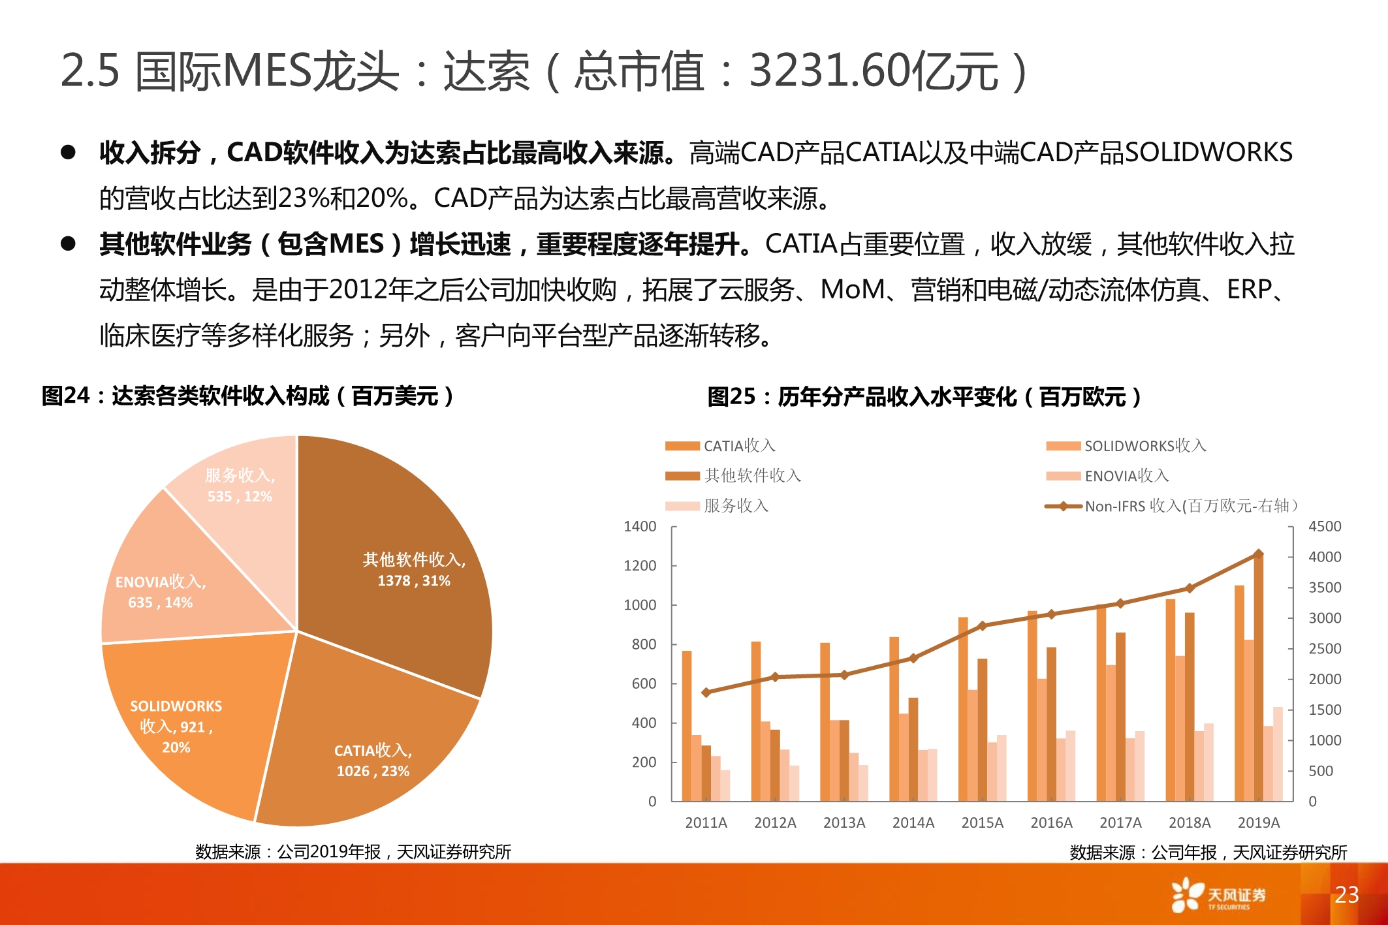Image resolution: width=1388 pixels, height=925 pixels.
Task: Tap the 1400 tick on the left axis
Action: pos(640,526)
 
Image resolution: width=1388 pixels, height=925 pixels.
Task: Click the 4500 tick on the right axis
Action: pos(1324,526)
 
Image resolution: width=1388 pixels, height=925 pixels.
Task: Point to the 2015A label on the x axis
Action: pos(982,823)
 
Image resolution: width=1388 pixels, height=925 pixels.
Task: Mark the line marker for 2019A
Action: pos(1258,554)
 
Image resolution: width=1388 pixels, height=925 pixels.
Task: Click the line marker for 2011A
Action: pos(706,692)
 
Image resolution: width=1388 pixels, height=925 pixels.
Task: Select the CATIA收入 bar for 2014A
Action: pos(894,718)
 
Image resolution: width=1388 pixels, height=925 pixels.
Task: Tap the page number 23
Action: pos(1346,894)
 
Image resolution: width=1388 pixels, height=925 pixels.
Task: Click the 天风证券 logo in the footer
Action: pos(1218,895)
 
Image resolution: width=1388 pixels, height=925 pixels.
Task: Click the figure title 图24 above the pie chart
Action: pos(65,396)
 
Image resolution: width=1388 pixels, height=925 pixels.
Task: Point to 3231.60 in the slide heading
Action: pos(830,71)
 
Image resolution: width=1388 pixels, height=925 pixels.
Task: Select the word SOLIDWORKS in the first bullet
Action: pos(1208,152)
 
